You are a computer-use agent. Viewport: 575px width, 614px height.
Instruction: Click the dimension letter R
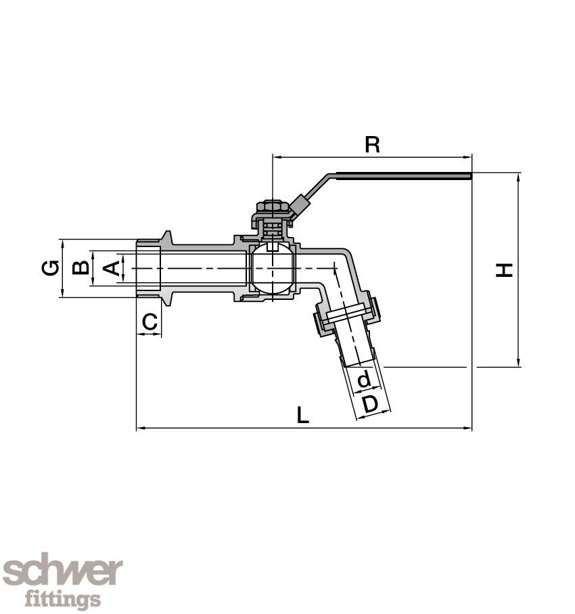click(372, 145)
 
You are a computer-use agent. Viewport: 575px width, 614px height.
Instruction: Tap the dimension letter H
click(505, 269)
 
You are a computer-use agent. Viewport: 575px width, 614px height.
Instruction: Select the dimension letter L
click(303, 415)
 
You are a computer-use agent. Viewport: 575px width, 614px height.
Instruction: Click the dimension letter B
click(80, 268)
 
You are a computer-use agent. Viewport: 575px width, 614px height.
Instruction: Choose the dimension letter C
click(149, 322)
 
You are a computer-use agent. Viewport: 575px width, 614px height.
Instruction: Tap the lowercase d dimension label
click(364, 379)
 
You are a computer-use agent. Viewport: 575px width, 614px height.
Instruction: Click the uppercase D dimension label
click(369, 404)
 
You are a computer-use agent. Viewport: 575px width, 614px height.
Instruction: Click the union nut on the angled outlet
click(346, 315)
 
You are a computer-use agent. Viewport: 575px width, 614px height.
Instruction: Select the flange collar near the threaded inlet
click(166, 268)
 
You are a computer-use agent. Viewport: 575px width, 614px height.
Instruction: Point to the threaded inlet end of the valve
click(148, 268)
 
